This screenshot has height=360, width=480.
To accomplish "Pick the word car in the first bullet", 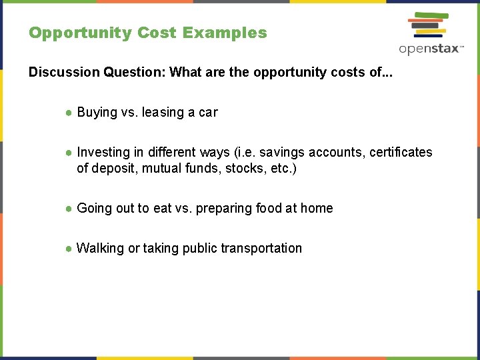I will pyautogui.click(x=208, y=112).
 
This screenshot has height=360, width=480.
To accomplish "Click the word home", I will pyautogui.click(x=317, y=208).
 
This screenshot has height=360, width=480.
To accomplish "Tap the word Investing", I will pyautogui.click(x=103, y=152).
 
